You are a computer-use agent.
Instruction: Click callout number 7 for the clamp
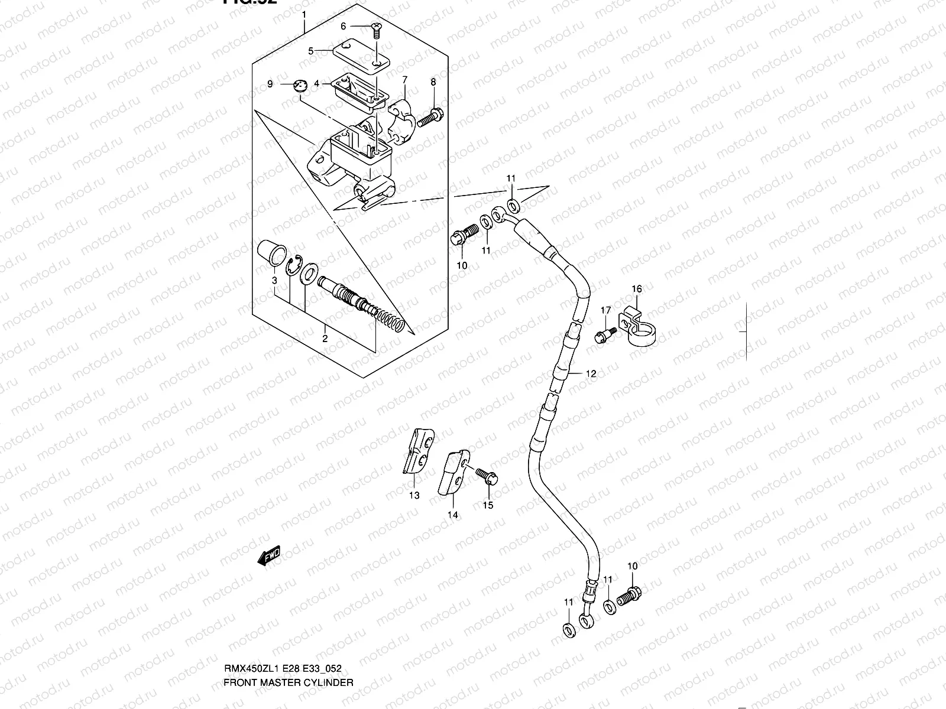pos(405,79)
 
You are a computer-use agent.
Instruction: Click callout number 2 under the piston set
pos(325,339)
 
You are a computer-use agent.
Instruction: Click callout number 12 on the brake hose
pos(591,374)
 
